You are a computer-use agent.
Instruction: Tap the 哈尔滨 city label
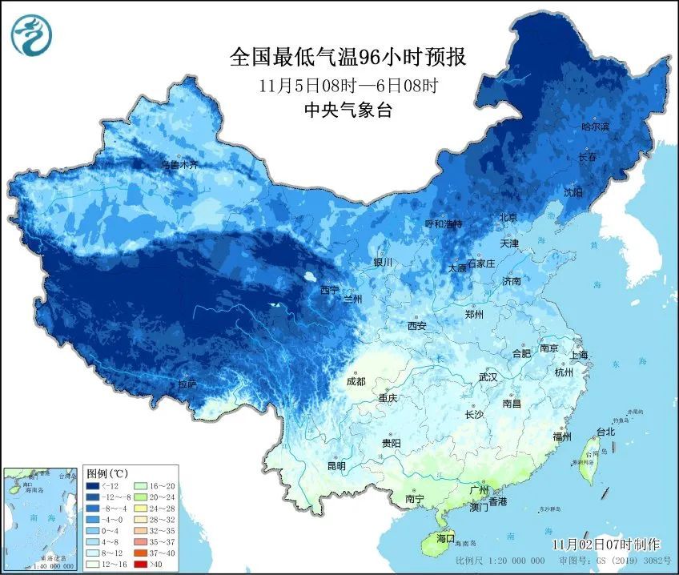pos(595,127)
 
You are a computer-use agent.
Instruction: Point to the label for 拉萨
pos(187,384)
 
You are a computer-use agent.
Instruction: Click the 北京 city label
pos(508,218)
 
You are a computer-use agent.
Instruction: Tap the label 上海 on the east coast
pos(579,355)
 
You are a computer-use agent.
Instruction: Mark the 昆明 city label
pos(336,466)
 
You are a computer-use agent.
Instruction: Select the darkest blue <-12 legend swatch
pos(94,485)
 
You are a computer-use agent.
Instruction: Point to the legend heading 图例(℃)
pos(107,473)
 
